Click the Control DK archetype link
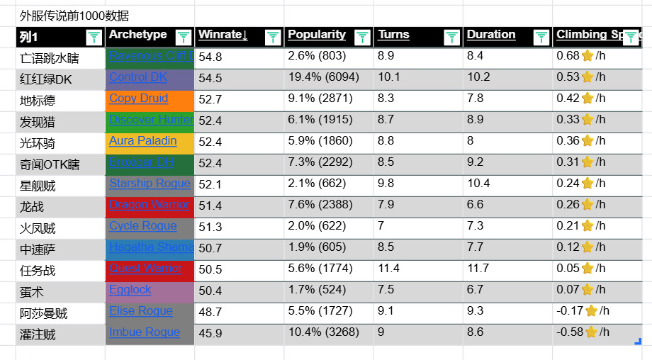tap(138, 77)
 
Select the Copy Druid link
tap(139, 99)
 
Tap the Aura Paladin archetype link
tap(142, 141)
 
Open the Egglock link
tap(130, 290)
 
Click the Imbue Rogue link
tap(145, 332)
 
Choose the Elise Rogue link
tap(141, 311)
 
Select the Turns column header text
tap(394, 35)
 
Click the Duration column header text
tap(491, 35)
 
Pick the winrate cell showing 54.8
tap(210, 57)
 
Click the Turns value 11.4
tap(388, 269)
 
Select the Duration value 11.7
tap(478, 269)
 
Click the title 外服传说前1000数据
tap(74, 16)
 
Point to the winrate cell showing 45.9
tap(210, 333)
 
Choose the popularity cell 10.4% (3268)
tap(323, 332)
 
